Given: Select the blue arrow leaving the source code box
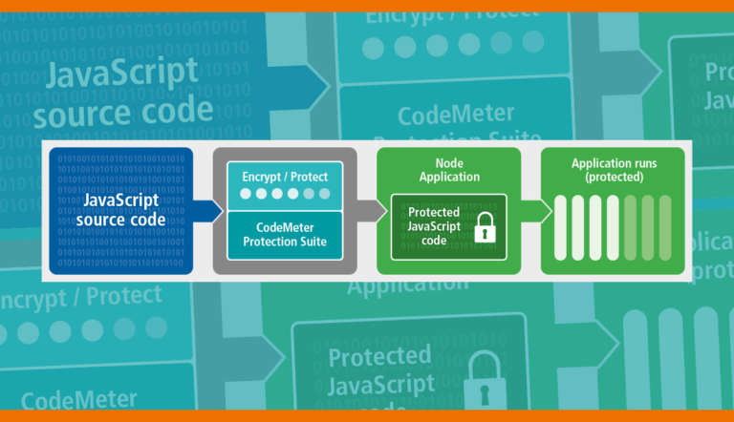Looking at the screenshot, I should pos(205,211).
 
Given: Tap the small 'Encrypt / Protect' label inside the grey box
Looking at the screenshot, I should pos(285,177).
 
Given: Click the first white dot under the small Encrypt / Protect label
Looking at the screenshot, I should pos(247,194).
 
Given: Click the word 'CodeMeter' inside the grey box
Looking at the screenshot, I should pos(285,227).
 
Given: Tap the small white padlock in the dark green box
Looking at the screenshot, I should pos(485,227).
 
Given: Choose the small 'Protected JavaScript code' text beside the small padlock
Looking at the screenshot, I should pos(434,226).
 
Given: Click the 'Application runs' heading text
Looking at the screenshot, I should pos(614,163).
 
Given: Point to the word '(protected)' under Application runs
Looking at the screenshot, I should pos(614,177).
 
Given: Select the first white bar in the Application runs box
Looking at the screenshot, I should pos(561,227).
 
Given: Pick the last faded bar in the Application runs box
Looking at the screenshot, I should pos(664,227).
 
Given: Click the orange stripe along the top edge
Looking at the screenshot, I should pos(367,6).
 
